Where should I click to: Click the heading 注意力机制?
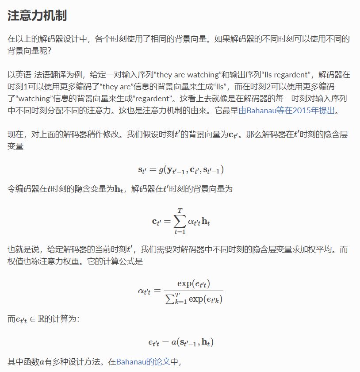[x=37, y=16]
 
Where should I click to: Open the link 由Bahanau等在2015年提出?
[x=288, y=111]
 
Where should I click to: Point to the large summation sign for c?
[x=180, y=221]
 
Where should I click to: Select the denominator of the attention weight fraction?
[x=192, y=299]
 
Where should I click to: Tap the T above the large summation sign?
[x=180, y=210]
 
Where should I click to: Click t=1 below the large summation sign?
[x=180, y=232]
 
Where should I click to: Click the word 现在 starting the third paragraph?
[x=15, y=134]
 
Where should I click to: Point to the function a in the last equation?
[x=169, y=342]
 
